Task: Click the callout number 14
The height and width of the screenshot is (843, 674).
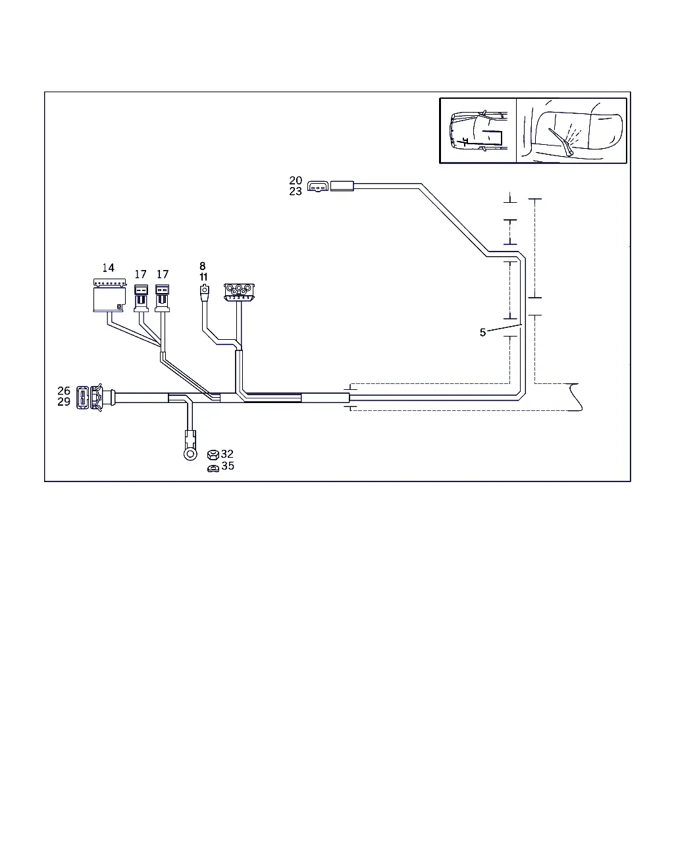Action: pyautogui.click(x=108, y=268)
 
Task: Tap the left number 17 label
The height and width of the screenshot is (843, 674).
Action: pyautogui.click(x=141, y=274)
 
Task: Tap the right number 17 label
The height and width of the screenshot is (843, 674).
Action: pyautogui.click(x=163, y=274)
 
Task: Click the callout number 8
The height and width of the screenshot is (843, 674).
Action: pyautogui.click(x=203, y=266)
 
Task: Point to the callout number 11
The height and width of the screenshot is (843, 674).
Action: pyautogui.click(x=203, y=277)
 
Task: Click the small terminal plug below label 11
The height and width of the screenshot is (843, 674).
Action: pyautogui.click(x=205, y=293)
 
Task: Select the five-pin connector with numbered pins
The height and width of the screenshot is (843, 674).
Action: pyautogui.click(x=239, y=292)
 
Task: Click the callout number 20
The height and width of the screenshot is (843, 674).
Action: pyautogui.click(x=296, y=180)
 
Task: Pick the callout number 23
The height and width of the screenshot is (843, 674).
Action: pyautogui.click(x=296, y=192)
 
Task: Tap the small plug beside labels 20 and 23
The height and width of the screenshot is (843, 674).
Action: pyautogui.click(x=318, y=186)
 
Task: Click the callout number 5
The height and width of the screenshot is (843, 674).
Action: pyautogui.click(x=482, y=333)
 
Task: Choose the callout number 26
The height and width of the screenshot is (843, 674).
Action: pyautogui.click(x=64, y=391)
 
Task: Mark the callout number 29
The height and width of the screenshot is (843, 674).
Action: pyautogui.click(x=64, y=402)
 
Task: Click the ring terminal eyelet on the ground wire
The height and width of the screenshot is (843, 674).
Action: pyautogui.click(x=190, y=454)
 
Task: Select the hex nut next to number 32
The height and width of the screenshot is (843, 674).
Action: pyautogui.click(x=213, y=455)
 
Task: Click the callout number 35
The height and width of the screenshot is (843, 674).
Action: pyautogui.click(x=228, y=466)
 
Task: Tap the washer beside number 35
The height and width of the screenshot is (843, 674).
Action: pyautogui.click(x=213, y=468)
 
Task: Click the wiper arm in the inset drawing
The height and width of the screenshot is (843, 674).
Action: pyautogui.click(x=561, y=142)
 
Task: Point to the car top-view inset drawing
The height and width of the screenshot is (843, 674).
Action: pyautogui.click(x=478, y=130)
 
